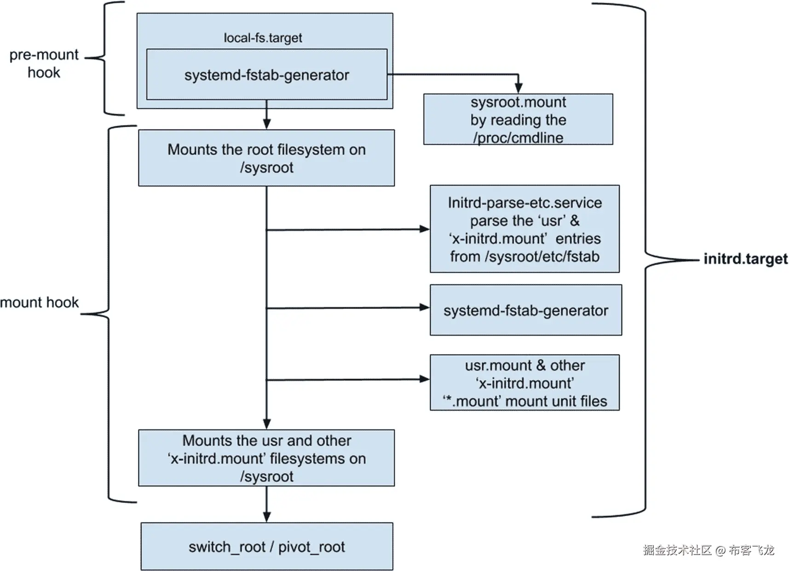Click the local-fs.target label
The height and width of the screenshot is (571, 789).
click(x=263, y=38)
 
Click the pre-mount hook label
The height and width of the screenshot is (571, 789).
click(x=44, y=64)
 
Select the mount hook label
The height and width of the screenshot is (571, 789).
click(x=40, y=303)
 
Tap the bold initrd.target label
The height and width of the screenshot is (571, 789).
click(x=745, y=259)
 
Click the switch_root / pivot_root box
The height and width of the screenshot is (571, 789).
click(x=267, y=547)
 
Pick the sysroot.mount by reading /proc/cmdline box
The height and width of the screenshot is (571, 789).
click(x=518, y=119)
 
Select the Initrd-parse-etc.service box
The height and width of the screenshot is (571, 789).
click(x=524, y=229)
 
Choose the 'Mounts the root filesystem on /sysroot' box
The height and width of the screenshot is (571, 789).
click(x=266, y=158)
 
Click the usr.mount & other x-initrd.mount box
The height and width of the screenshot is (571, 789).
click(x=524, y=383)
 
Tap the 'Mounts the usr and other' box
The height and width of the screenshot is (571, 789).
click(x=266, y=458)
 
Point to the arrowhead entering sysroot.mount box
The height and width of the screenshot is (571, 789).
click(x=518, y=88)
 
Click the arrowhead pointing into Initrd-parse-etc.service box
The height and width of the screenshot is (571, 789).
click(x=424, y=229)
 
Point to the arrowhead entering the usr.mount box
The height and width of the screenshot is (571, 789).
click(x=424, y=379)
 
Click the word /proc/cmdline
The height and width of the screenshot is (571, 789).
click(x=518, y=138)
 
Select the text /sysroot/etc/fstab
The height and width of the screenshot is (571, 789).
click(x=542, y=256)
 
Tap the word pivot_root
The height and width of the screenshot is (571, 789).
click(x=311, y=547)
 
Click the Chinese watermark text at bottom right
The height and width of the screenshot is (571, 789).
click(x=708, y=550)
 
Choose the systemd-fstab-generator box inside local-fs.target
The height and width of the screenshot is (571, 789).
click(x=267, y=75)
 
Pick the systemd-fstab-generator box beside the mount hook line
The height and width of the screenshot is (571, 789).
click(x=526, y=310)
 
